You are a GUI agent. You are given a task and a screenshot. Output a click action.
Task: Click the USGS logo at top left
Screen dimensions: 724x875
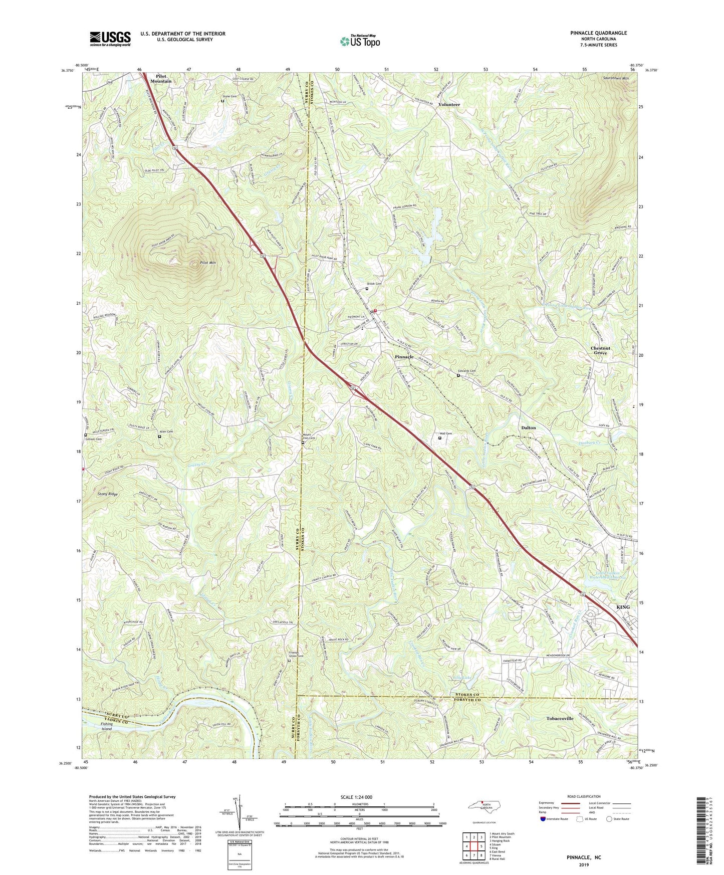[x=110, y=39]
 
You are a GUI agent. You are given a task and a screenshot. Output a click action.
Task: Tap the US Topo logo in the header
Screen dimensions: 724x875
[x=359, y=41]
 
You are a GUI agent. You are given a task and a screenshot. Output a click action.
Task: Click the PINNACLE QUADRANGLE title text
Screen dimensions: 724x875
[x=598, y=33]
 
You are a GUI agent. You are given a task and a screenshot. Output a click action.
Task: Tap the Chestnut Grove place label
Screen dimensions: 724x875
[x=600, y=350]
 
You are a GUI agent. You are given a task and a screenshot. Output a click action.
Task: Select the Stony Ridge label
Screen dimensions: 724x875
[x=107, y=494]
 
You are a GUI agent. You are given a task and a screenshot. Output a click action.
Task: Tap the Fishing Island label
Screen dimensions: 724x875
[x=106, y=726]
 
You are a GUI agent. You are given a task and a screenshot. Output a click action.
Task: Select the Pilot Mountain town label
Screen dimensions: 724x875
[x=161, y=78]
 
